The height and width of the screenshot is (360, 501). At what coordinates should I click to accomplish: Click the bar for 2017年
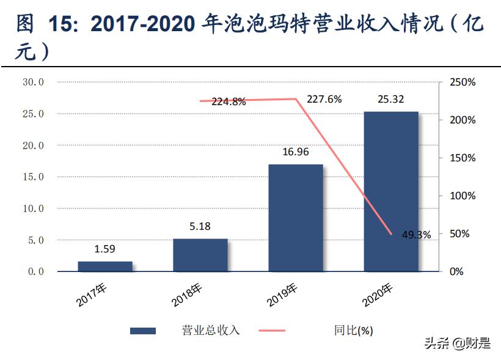[105, 266]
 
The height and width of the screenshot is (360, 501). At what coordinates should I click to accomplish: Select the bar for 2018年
[200, 255]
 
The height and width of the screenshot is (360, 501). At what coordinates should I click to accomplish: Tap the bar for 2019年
[296, 218]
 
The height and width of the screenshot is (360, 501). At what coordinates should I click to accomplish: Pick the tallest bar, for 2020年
[391, 191]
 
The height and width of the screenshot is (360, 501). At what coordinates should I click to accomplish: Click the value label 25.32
[391, 100]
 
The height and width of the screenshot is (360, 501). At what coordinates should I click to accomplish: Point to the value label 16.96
[296, 152]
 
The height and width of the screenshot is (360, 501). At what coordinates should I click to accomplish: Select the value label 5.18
[200, 226]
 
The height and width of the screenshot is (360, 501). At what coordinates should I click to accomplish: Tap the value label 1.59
[104, 249]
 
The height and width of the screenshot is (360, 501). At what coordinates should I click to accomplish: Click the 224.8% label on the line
[229, 102]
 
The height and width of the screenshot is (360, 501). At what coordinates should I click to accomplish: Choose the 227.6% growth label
[324, 99]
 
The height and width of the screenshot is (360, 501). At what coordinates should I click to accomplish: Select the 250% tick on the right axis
[462, 82]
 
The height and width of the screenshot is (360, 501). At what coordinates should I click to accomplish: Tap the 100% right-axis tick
[462, 196]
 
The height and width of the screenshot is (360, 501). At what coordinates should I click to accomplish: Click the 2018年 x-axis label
[187, 294]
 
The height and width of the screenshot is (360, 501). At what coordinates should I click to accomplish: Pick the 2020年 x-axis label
[378, 294]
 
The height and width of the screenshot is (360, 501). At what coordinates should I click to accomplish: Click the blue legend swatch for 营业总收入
[143, 331]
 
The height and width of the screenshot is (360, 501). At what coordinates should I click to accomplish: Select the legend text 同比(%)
[353, 331]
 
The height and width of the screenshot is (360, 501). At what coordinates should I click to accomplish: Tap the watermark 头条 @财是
[458, 343]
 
